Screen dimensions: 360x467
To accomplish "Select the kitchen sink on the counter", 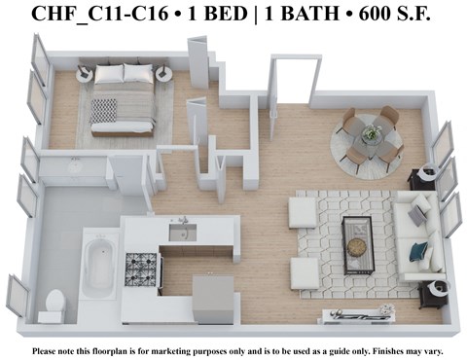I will point(181,231).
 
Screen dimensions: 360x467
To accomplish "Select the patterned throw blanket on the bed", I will point(103,108).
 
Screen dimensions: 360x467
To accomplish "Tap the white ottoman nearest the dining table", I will point(304,210).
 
